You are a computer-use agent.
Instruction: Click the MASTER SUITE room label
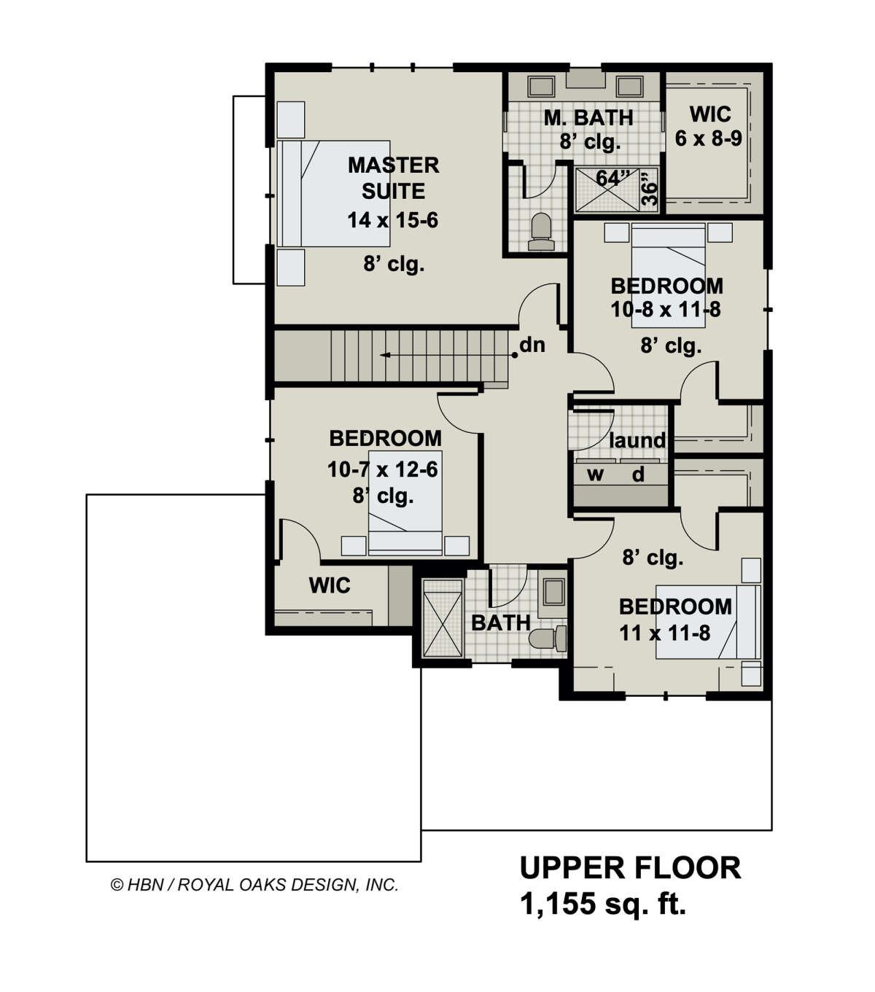tap(393, 178)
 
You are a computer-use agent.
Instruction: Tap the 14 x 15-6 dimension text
tap(392, 219)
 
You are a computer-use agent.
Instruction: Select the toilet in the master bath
tap(541, 227)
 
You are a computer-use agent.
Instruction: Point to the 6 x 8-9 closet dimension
tap(708, 138)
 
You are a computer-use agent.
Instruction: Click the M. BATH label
tap(588, 117)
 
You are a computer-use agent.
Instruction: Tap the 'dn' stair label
tap(532, 345)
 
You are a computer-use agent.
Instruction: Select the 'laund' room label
tap(637, 440)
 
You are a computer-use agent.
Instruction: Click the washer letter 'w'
tap(596, 475)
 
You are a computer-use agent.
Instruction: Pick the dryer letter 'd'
tap(638, 475)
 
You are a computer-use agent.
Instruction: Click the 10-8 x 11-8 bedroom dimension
tap(665, 310)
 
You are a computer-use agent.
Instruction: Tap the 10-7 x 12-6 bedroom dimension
tap(383, 469)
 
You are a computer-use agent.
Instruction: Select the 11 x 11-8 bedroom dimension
tap(664, 633)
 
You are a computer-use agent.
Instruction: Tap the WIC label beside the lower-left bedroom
tap(329, 585)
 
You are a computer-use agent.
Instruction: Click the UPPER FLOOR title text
tap(630, 868)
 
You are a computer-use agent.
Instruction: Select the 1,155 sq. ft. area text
tap(602, 905)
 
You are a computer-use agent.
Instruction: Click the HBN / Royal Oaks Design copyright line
tap(254, 885)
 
